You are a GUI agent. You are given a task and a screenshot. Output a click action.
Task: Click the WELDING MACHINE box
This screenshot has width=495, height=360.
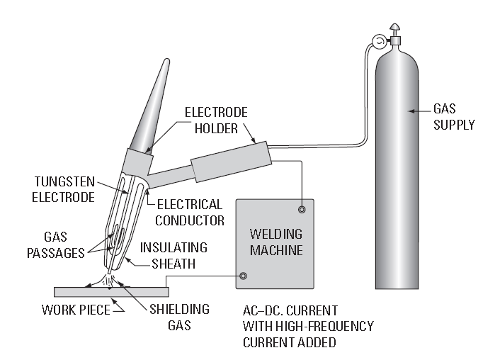click(275, 244)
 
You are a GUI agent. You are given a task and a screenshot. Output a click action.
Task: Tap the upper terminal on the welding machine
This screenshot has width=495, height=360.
click(302, 209)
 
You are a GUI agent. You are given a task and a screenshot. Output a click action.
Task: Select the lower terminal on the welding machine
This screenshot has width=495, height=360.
click(243, 276)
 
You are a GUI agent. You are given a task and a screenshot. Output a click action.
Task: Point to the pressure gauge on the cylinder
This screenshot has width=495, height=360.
click(378, 41)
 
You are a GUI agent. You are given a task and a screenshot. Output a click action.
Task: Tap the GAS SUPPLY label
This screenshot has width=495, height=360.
click(454, 116)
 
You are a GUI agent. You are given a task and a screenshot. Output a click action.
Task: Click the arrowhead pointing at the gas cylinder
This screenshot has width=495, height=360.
click(411, 111)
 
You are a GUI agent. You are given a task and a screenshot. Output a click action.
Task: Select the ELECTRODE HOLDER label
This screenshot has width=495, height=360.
click(216, 120)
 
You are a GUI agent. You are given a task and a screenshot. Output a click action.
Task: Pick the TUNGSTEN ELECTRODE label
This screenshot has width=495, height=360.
click(64, 189)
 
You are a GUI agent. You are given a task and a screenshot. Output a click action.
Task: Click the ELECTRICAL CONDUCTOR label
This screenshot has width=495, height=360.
click(190, 212)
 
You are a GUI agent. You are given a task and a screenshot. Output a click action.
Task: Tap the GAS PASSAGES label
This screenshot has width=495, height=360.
click(56, 244)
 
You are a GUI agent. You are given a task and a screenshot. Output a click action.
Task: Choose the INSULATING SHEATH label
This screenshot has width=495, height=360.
click(173, 256)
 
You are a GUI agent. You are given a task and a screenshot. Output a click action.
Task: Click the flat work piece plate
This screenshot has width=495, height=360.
click(111, 292)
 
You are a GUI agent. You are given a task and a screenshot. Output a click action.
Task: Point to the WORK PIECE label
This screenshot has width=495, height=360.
click(76, 310)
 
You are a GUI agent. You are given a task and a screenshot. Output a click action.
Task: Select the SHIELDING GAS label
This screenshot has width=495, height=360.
click(179, 317)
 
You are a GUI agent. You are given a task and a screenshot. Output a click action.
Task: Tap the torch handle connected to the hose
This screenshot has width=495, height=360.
click(232, 162)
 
